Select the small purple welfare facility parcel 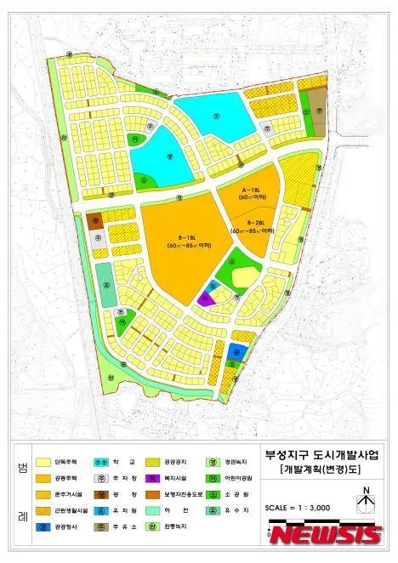(204, 299)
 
